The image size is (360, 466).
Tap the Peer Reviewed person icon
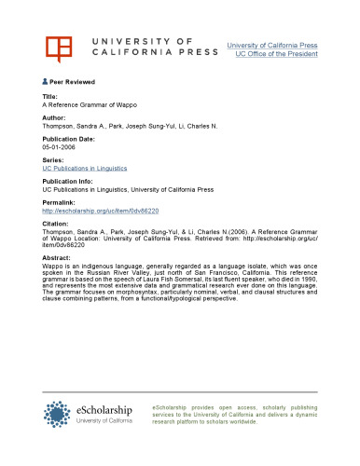45,82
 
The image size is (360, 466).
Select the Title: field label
50,97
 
